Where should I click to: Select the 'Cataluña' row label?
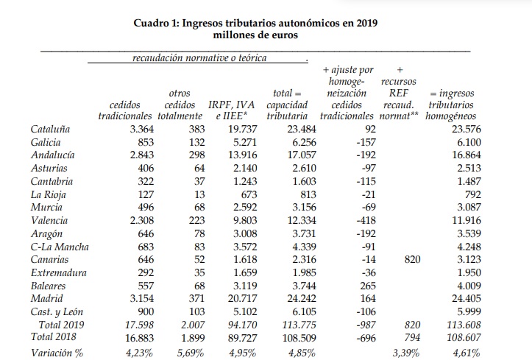pos(50,130)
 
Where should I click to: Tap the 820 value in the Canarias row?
pos(412,260)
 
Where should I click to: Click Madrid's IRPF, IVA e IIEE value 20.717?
pos(242,299)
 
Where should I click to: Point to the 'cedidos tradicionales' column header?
pos(125,110)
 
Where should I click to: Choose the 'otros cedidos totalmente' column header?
pos(180,105)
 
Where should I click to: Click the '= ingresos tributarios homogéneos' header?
pos(451,105)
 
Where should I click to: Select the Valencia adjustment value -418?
pos(366,221)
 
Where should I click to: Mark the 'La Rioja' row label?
pos(48,195)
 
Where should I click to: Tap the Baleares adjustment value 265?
pos(368,286)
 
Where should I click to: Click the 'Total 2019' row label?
pos(61,325)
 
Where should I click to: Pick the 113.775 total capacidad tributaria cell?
pos(299,325)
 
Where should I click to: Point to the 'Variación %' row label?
pos(57,353)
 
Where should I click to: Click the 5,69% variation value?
pos(191,353)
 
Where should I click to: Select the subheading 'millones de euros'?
pos(255,35)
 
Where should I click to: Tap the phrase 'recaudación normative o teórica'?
pos(199,58)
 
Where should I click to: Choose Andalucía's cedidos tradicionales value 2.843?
pos(142,155)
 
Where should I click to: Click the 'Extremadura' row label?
pos(58,273)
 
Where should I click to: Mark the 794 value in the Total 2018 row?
pos(412,338)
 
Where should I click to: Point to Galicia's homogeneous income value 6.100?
pos(469,143)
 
